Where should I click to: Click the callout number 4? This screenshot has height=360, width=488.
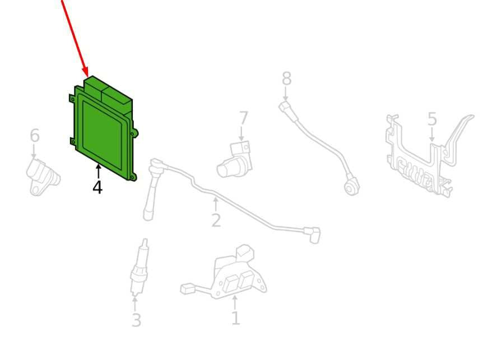point(97,187)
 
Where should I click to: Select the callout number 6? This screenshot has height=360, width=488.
point(35,136)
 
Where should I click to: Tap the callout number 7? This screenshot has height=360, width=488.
point(243,119)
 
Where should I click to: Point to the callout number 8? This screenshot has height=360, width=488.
point(287,79)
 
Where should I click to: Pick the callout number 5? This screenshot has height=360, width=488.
point(432,119)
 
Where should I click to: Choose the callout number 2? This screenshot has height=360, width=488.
point(216,220)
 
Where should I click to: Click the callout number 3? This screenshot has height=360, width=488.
point(136,320)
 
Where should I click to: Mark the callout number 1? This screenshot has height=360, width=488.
point(236,318)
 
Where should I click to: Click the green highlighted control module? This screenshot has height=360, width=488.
point(103,128)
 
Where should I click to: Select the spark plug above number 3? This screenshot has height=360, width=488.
point(139,267)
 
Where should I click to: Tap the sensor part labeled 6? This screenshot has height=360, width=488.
point(43,177)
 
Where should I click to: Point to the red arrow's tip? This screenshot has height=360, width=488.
point(87,76)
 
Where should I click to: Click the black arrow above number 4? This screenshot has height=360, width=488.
point(99,172)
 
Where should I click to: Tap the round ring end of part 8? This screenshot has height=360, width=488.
point(352,187)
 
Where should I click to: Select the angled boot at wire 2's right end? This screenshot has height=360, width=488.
point(312,234)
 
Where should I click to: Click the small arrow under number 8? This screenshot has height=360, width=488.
point(286,94)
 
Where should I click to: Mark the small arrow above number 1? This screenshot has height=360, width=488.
point(235,302)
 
